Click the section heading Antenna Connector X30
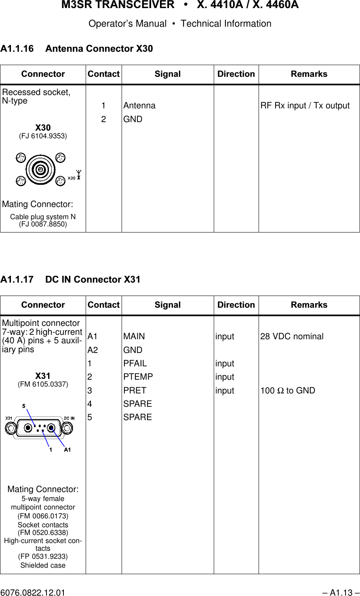coord(77,49)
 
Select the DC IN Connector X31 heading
coord(71,279)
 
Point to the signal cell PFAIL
coord(135,363)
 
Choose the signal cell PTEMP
coord(138,377)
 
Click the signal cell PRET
coord(135,391)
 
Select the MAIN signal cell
coord(134,336)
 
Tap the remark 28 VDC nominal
coord(292,336)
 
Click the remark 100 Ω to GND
coord(288,391)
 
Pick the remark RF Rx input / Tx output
coord(305,106)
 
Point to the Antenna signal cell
coord(139,106)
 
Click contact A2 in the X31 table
coord(93,350)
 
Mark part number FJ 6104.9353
coord(43,136)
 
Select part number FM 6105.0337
coord(43,383)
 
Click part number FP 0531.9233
coord(43,556)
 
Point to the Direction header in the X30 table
coord(236,74)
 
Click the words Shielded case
coord(43,565)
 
